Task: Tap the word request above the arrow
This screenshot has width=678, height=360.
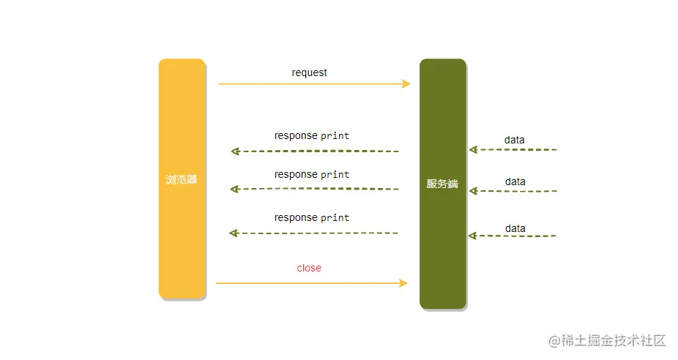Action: [x=309, y=72]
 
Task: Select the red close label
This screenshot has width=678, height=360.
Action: [x=309, y=268]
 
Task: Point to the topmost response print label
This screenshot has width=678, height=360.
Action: [x=312, y=135]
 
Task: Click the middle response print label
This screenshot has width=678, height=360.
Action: [x=312, y=174]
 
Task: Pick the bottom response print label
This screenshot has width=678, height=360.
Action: [x=312, y=217]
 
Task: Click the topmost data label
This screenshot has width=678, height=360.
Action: [x=514, y=140]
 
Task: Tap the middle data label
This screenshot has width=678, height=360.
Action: [x=515, y=181]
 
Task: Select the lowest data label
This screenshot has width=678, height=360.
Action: [x=515, y=228]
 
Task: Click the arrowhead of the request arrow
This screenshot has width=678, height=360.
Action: [x=406, y=83]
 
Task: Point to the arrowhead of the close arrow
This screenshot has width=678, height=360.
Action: [x=403, y=282]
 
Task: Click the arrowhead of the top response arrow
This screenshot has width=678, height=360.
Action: [x=235, y=151]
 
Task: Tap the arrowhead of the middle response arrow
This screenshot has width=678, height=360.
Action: [x=234, y=189]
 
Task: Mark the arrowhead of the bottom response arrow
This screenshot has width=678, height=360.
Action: [x=234, y=233]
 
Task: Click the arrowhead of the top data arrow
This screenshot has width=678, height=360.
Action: [x=473, y=149]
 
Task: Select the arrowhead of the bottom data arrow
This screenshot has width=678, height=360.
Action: [x=472, y=236]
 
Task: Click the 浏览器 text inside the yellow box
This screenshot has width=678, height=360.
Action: [x=181, y=179]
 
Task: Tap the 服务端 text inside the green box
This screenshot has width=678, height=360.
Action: [x=442, y=184]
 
